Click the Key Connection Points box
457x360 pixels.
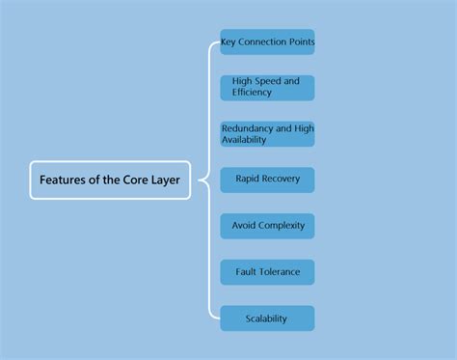pos(267,42)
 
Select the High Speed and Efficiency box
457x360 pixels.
pos(267,88)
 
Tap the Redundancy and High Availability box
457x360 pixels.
pos(267,134)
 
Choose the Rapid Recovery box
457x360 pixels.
pos(267,180)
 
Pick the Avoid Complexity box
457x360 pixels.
pos(267,226)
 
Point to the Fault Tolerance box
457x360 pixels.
pos(267,272)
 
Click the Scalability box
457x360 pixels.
pos(267,318)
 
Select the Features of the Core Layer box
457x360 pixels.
pos(110,180)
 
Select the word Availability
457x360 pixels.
pos(244,140)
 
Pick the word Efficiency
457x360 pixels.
pos(252,94)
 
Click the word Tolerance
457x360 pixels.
pos(279,272)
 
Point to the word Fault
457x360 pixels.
pos(246,272)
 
